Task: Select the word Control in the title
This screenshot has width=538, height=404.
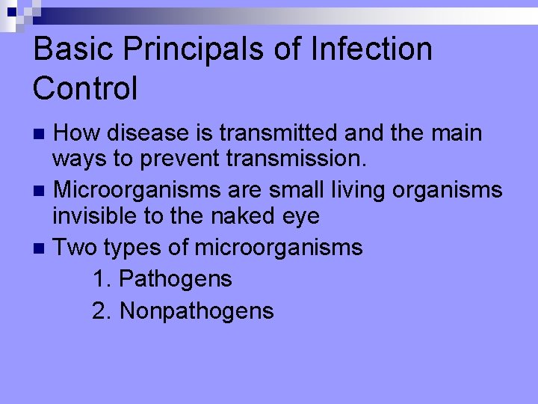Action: (85, 88)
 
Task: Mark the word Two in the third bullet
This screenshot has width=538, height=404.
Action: (75, 247)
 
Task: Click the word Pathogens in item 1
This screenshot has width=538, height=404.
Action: (176, 279)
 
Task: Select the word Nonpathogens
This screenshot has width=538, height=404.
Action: (197, 310)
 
